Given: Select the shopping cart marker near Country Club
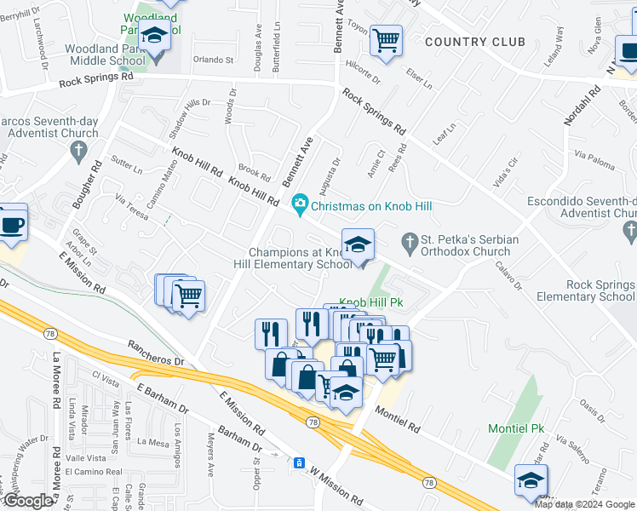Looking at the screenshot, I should [x=387, y=39].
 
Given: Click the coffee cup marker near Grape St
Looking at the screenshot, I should [x=12, y=226].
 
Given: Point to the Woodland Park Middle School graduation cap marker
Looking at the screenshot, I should [x=155, y=36].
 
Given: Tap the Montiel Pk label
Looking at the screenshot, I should [x=516, y=428].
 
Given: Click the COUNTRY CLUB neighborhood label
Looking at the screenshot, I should [x=474, y=42].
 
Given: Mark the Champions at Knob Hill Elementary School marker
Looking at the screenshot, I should [x=358, y=245].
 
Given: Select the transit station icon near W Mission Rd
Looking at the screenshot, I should [x=299, y=462].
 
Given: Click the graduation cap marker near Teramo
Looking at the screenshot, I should [x=531, y=482].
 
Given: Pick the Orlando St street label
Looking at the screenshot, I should [x=212, y=60].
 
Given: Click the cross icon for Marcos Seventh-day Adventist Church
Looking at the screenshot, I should [x=78, y=152].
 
